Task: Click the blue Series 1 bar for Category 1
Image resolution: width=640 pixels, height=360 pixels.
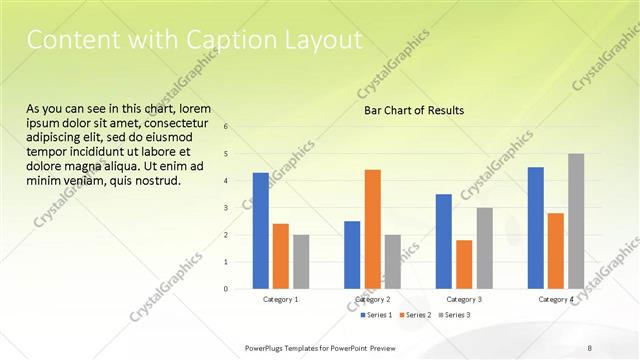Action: coord(261,231)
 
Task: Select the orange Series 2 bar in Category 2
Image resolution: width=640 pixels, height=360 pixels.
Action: coord(373,229)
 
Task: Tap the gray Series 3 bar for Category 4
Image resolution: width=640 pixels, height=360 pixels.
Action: coord(576,221)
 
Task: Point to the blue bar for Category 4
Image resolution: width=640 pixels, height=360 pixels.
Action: coord(536,228)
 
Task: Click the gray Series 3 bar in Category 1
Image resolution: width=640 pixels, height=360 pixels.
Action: coord(301,262)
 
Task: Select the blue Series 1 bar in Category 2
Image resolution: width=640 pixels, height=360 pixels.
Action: coord(352,255)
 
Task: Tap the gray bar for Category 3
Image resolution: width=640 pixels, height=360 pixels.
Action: coord(484,248)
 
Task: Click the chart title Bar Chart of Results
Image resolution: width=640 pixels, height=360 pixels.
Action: coord(413,110)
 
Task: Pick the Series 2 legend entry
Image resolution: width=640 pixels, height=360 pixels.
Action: coord(415,316)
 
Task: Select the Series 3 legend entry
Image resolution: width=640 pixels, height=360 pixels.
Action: coord(455,316)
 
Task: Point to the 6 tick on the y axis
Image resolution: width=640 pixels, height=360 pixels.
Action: coord(226,127)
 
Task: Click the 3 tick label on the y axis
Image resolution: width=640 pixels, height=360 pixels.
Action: coord(226,208)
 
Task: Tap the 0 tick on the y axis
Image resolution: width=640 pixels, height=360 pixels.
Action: coord(226,289)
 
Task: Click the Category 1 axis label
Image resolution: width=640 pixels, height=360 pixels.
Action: coord(281,300)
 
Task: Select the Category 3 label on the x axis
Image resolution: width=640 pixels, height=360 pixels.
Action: coord(464,300)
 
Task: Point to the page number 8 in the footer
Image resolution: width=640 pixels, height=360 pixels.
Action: coord(590,347)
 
